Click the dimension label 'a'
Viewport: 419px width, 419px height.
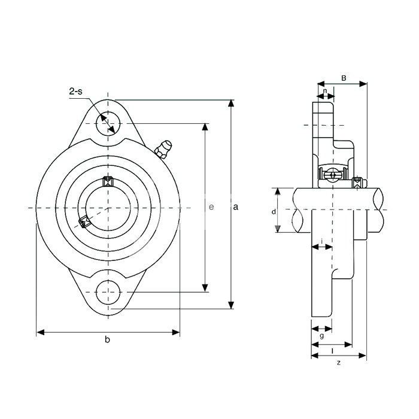235,207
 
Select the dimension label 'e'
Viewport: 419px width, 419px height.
211,207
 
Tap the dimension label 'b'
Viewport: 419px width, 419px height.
107,339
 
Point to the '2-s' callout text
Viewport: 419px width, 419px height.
76,92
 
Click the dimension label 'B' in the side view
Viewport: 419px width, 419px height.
344,78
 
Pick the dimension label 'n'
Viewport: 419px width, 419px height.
325,91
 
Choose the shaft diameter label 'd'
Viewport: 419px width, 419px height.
274,212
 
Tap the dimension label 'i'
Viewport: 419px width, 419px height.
322,241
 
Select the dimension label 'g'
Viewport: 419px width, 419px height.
322,336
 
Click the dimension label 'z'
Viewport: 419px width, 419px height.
339,363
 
